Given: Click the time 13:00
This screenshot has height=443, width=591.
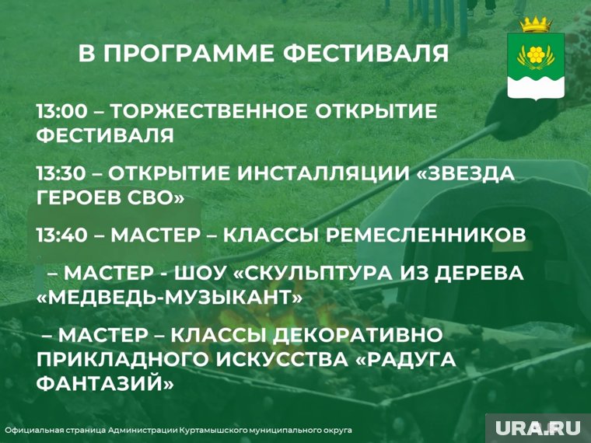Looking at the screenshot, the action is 62,111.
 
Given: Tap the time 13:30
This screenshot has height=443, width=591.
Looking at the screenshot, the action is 61,173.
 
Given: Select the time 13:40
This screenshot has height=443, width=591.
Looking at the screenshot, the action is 62,235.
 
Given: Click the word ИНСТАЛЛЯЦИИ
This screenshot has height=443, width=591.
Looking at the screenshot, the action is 324,173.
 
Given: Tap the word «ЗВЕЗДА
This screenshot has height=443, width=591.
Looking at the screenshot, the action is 467,173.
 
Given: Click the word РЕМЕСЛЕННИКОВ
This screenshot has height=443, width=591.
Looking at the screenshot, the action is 425,235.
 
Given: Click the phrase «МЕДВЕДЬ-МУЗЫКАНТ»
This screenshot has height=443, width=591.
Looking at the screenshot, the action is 170,297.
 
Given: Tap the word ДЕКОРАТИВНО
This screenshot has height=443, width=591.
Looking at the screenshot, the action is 357,335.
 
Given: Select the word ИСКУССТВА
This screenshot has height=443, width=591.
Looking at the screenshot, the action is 282,359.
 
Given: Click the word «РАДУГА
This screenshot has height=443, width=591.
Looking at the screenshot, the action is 406,359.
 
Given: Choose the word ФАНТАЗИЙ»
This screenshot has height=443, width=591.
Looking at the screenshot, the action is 106,383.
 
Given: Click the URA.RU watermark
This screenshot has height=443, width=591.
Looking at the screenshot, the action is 538,428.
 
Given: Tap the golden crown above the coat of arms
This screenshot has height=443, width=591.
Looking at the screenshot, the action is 536,25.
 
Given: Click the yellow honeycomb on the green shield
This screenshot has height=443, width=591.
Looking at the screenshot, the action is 535,54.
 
